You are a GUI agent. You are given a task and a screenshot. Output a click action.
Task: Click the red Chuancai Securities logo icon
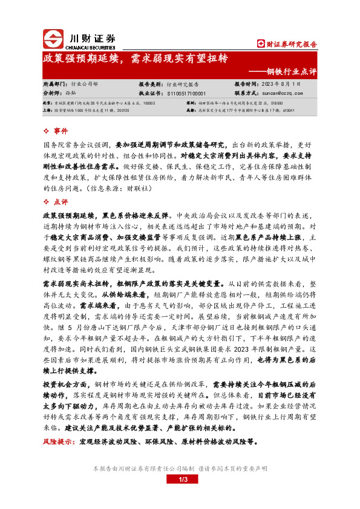coord(54,39)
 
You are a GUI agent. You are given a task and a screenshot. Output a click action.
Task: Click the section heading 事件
coord(61,131)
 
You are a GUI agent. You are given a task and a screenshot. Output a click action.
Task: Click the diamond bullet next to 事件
coord(48,131)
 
